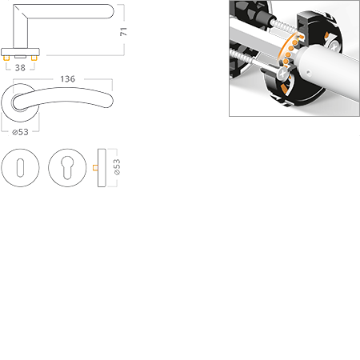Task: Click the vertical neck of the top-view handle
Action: point(18,32)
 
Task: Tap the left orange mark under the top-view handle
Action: point(6,59)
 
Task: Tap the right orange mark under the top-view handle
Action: point(34,59)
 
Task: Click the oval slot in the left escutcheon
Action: point(19,168)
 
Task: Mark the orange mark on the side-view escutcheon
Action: point(94,168)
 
